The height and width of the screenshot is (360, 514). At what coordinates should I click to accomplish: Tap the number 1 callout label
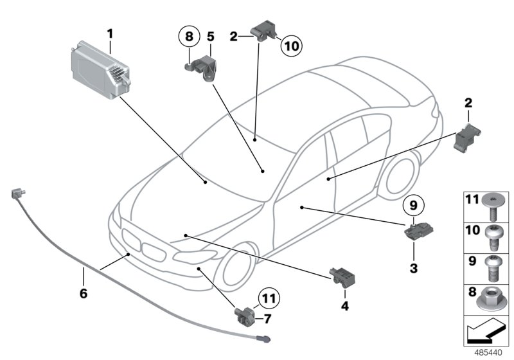pos(110,33)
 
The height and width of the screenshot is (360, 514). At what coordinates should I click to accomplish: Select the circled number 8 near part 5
pos(188,37)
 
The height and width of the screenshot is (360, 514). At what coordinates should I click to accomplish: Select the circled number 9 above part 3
pos(413,206)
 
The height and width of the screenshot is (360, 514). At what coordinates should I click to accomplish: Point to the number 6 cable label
pos(83,292)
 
